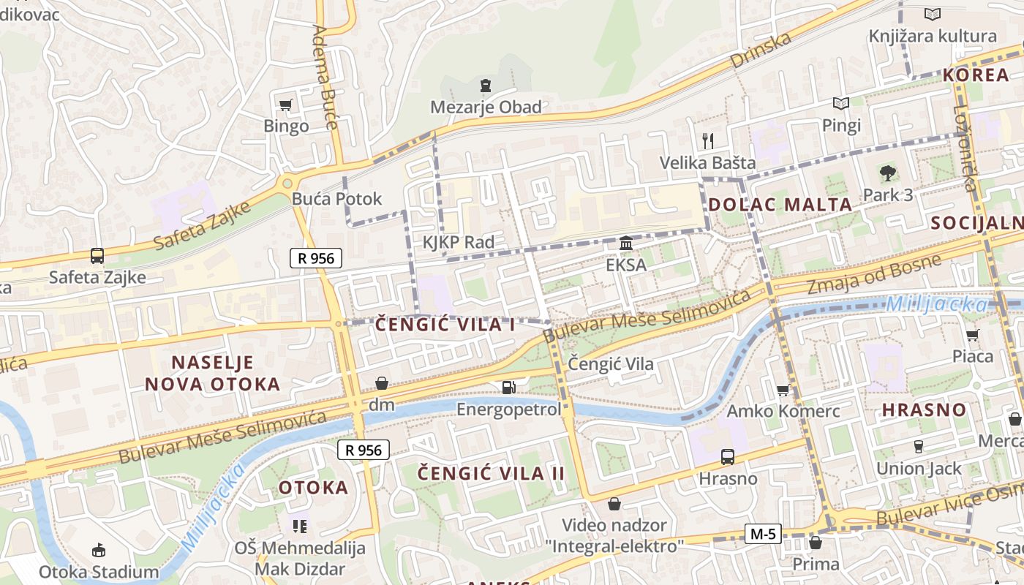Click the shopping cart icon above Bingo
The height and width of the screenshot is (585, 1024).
(285, 105)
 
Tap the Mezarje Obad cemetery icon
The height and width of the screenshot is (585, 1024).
(485, 86)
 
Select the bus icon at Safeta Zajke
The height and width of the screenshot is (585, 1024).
(97, 256)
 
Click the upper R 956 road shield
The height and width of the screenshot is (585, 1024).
(316, 257)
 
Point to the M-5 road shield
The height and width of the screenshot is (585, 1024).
(762, 534)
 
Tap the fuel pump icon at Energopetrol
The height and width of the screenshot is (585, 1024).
(508, 387)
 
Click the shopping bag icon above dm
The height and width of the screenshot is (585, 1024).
(382, 383)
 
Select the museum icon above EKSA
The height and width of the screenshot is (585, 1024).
(626, 243)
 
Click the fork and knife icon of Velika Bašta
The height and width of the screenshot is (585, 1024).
(707, 140)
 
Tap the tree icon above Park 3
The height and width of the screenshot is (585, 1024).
(888, 173)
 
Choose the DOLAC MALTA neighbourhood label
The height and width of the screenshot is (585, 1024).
(780, 205)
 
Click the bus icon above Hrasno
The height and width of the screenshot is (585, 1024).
(728, 457)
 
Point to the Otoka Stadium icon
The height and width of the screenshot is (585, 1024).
(99, 550)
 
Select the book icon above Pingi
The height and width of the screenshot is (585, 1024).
(841, 104)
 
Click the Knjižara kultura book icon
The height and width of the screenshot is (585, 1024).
(932, 14)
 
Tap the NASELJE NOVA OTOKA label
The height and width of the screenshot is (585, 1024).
(212, 373)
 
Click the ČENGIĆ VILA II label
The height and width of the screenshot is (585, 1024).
(492, 473)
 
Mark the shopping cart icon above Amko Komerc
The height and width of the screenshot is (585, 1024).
(783, 390)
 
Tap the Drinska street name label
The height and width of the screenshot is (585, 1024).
(761, 50)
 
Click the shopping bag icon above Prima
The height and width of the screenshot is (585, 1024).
(816, 543)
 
